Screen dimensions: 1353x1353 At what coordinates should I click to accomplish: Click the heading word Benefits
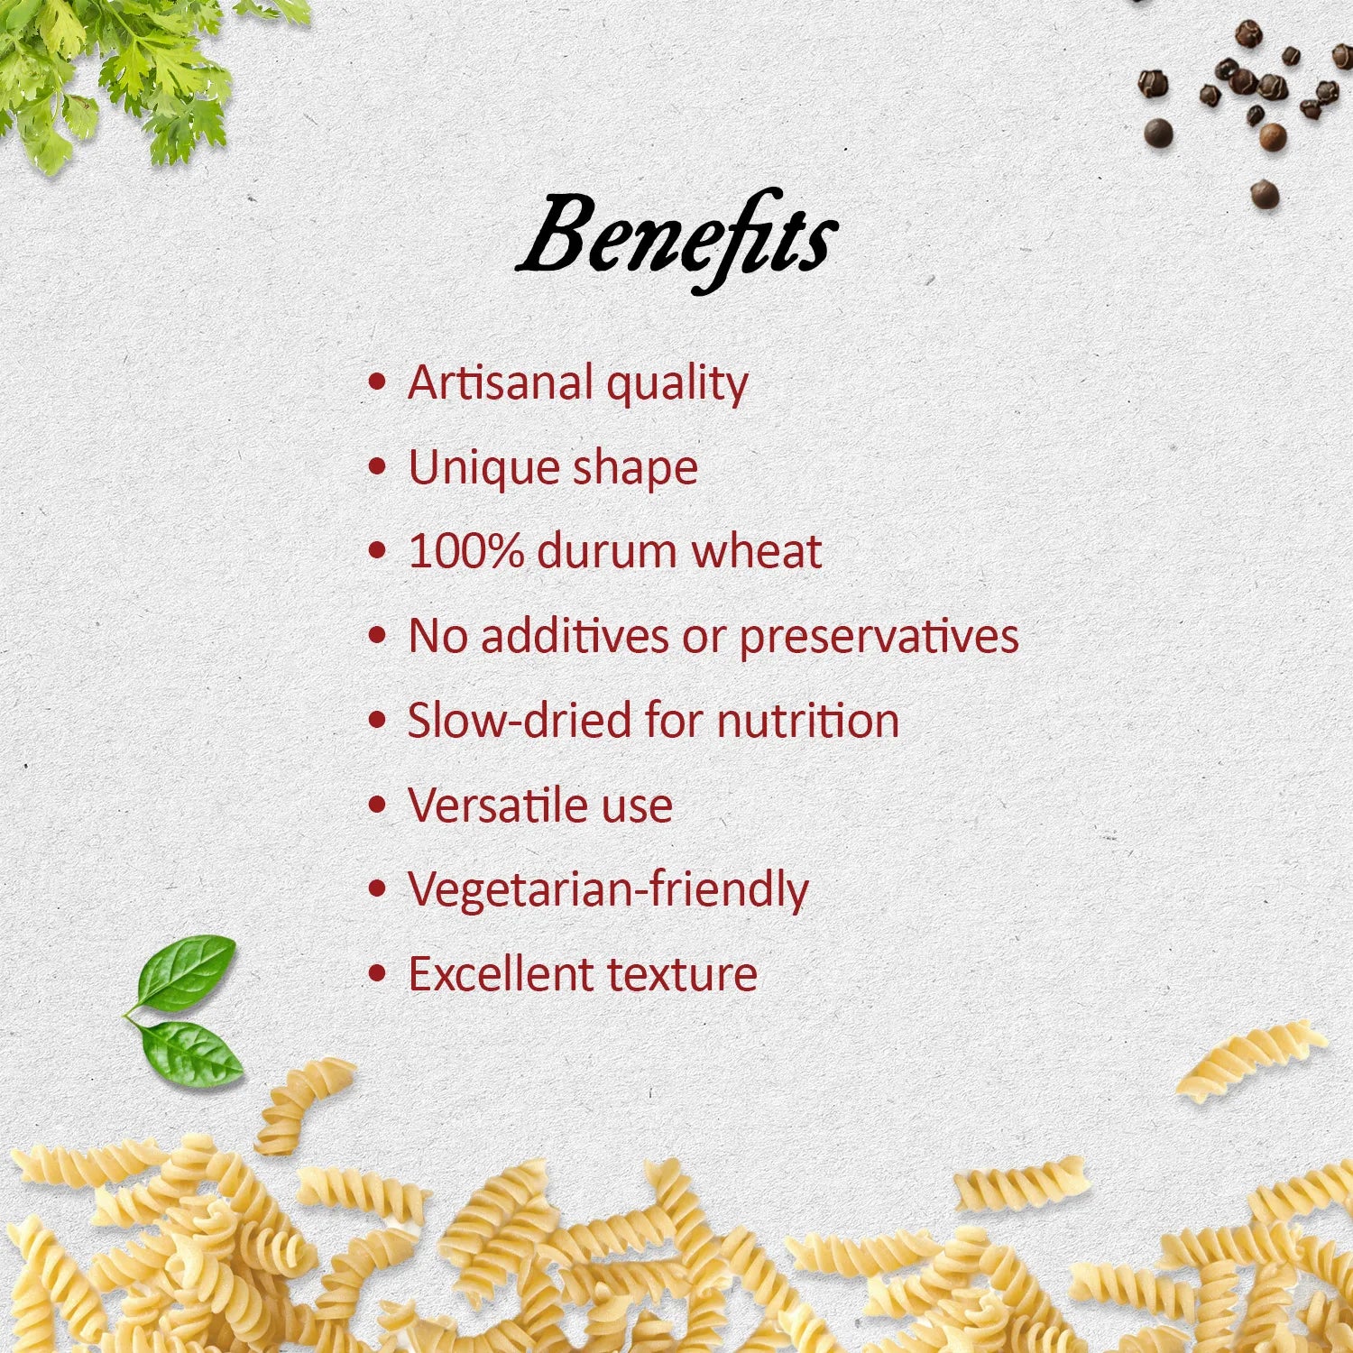coord(676,239)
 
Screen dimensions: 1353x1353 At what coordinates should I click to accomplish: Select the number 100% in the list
coord(465,551)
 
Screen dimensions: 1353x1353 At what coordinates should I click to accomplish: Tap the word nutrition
coord(808,721)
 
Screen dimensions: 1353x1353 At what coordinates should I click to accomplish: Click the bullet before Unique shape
coord(378,467)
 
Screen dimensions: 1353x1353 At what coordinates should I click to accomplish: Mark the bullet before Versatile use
coord(378,805)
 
